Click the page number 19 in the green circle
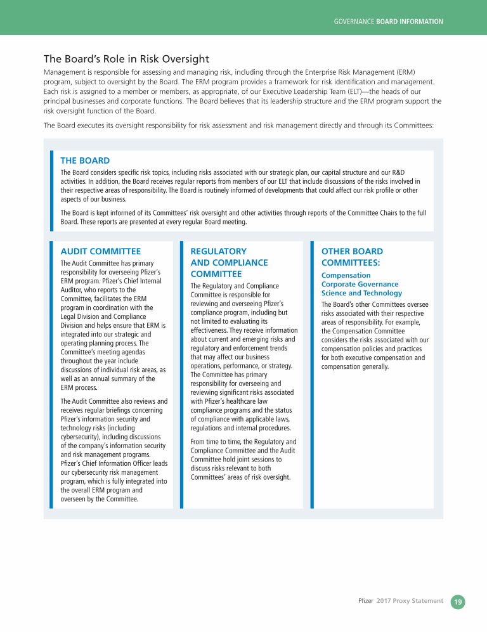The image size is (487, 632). pyautogui.click(x=458, y=602)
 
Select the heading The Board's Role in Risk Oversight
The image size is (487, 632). pyautogui.click(x=126, y=59)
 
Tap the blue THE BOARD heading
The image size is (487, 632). pyautogui.click(x=85, y=160)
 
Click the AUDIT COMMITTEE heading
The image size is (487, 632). pyautogui.click(x=100, y=252)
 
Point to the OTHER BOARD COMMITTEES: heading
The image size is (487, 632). pyautogui.click(x=352, y=257)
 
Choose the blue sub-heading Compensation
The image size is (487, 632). pyautogui.click(x=346, y=275)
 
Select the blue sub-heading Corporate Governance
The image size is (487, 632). pyautogui.click(x=360, y=284)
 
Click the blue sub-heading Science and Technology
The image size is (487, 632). pyautogui.click(x=361, y=293)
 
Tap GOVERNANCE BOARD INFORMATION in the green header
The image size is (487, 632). pyautogui.click(x=388, y=22)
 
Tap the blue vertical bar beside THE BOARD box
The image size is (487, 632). pyautogui.click(x=52, y=191)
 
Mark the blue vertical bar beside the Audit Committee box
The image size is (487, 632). pyautogui.click(x=52, y=374)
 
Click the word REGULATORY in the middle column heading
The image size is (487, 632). pyautogui.click(x=218, y=252)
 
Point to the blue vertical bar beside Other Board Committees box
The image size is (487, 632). pyautogui.click(x=312, y=374)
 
